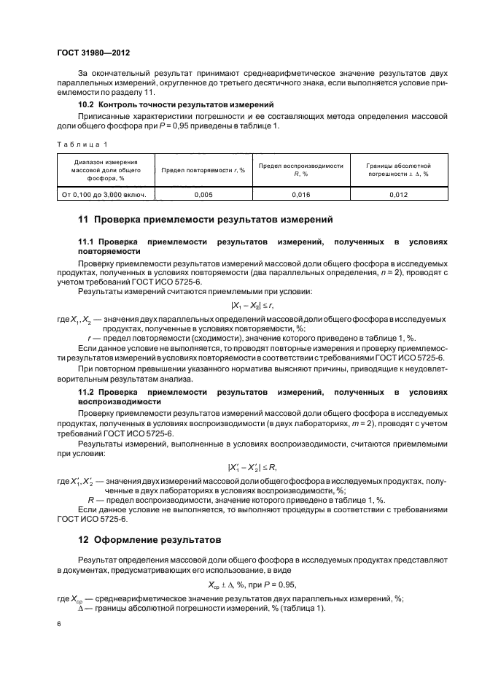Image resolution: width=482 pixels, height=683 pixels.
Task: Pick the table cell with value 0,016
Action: click(x=300, y=195)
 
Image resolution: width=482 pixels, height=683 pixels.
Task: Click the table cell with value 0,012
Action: click(x=398, y=195)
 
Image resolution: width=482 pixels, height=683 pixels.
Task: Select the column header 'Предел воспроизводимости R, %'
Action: click(x=300, y=170)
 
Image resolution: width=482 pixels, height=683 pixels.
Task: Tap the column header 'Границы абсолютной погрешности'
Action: click(x=398, y=170)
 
